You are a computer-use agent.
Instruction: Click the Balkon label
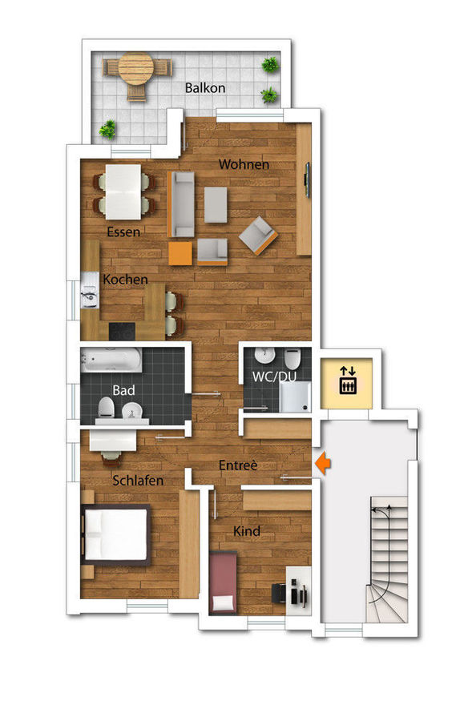(x=205, y=88)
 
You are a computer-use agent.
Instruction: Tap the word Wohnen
(x=244, y=164)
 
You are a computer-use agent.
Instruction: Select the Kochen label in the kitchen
(x=125, y=279)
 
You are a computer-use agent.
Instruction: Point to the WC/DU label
(x=274, y=377)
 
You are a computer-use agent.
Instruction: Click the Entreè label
(x=238, y=465)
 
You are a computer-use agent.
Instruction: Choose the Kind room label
(x=247, y=531)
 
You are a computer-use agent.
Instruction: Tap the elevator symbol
(x=348, y=380)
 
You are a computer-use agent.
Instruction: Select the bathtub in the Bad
(x=111, y=360)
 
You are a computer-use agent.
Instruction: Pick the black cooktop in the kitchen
(x=122, y=331)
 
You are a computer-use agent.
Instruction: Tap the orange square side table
(x=180, y=253)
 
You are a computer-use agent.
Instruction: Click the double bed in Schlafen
(x=115, y=535)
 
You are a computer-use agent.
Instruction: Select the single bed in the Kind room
(x=223, y=582)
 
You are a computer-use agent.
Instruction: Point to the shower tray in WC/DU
(x=295, y=397)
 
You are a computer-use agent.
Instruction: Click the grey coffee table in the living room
(x=216, y=204)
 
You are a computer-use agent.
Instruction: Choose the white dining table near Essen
(x=123, y=191)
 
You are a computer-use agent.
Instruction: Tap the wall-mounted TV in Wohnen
(x=308, y=181)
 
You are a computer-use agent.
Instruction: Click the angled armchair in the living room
(x=258, y=236)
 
